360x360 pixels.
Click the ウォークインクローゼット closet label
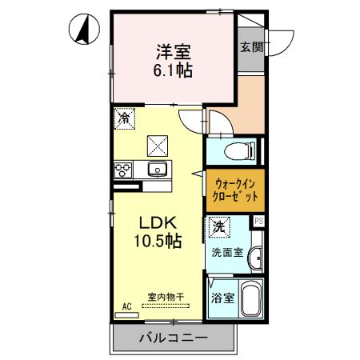(x=235, y=190)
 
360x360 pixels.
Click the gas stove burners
(x=124, y=169)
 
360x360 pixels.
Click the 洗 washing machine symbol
(x=218, y=227)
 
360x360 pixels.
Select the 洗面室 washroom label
(x=226, y=253)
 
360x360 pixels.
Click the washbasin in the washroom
(x=255, y=258)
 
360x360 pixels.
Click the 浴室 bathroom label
(x=222, y=298)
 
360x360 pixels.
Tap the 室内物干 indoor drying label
(x=166, y=298)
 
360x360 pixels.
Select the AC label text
(x=126, y=306)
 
